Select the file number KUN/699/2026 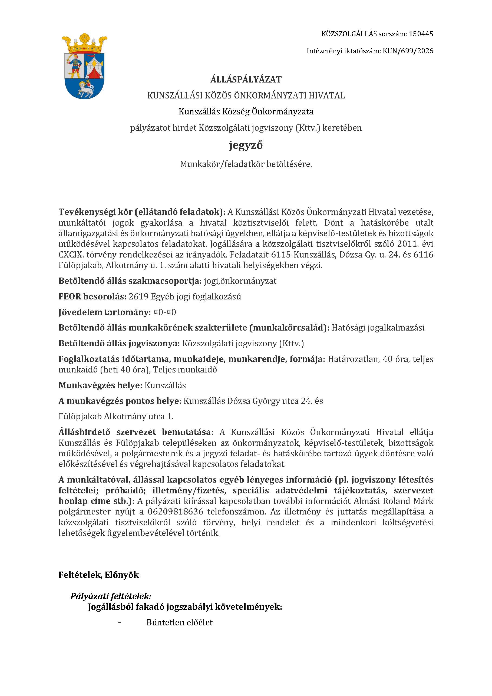click(408, 51)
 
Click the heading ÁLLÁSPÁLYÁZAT click(246, 80)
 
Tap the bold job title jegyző click(246, 146)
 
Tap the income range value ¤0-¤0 click(165, 312)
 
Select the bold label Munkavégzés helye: click(100, 385)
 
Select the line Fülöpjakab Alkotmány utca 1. click(116, 417)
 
